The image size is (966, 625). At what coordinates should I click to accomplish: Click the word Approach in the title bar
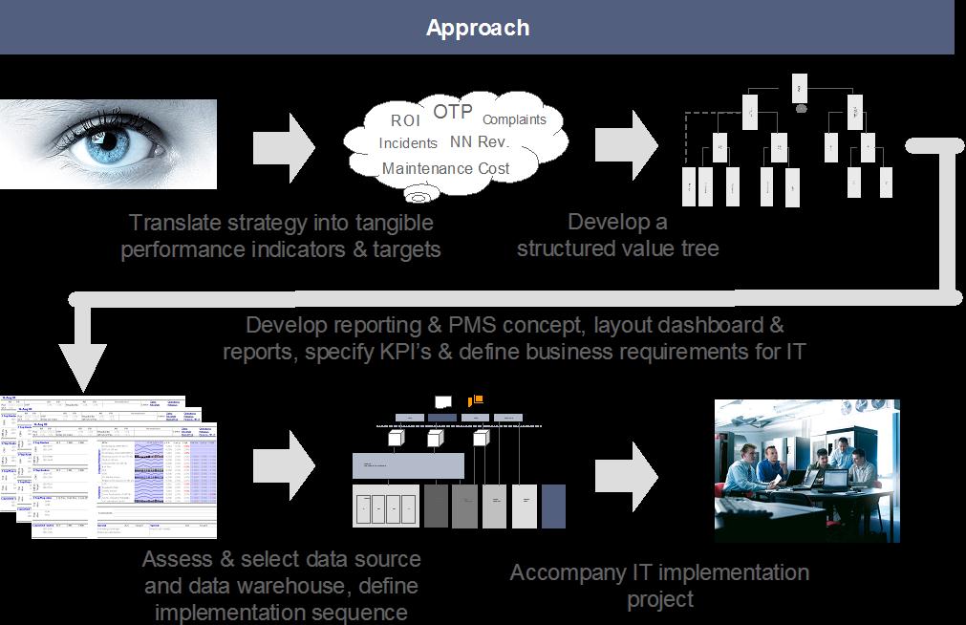[478, 28]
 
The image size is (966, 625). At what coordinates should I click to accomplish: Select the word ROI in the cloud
[405, 121]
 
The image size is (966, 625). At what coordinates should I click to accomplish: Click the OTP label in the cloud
[453, 112]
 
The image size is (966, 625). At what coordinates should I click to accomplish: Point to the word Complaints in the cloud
[514, 119]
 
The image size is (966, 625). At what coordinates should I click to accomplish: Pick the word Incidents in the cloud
[408, 143]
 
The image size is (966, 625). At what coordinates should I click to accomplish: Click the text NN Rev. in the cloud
[480, 142]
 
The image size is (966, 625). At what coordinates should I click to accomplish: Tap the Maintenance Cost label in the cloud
[445, 168]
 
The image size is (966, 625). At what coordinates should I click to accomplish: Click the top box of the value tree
[800, 89]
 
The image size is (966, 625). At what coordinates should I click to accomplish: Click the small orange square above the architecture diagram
[477, 399]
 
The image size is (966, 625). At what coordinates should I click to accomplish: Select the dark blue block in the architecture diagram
[553, 506]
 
